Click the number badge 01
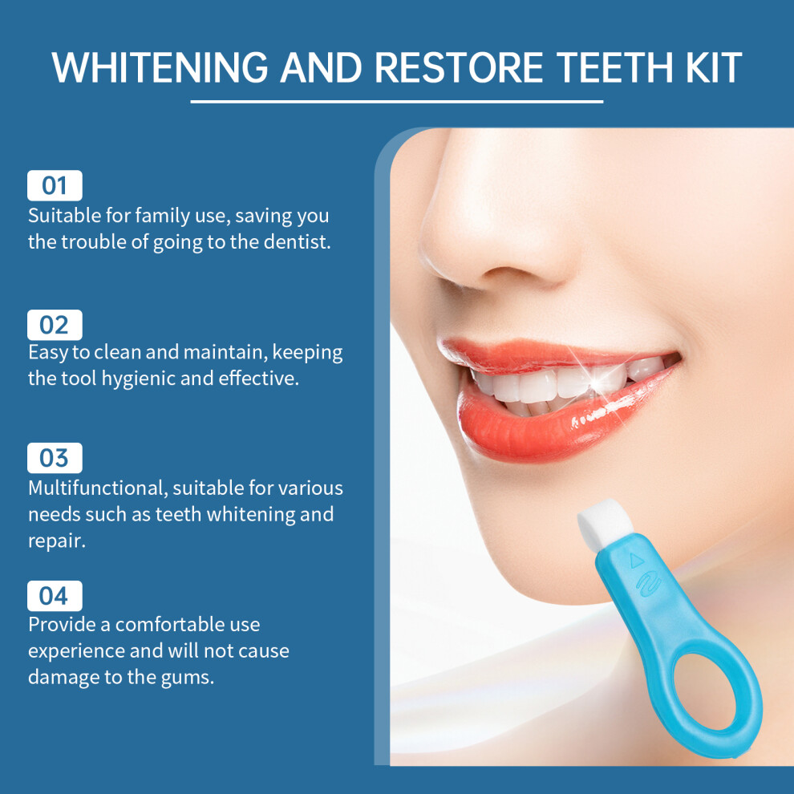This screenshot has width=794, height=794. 55,185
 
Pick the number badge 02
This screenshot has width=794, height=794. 55,325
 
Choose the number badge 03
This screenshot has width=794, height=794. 55,458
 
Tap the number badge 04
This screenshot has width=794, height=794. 55,596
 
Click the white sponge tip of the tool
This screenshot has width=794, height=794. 605,521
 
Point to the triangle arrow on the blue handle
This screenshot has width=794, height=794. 636,560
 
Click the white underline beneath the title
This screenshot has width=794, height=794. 396,102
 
